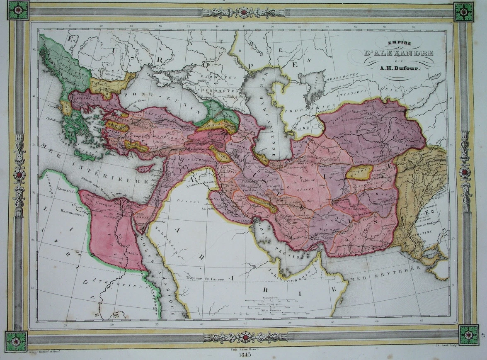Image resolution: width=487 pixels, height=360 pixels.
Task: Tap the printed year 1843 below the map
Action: (x=243, y=355)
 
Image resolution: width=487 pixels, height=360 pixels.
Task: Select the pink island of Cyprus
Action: (x=145, y=168)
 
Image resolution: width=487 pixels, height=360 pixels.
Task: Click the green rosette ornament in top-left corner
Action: (x=17, y=11)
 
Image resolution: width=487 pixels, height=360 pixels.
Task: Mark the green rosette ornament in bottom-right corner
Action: (x=468, y=335)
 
